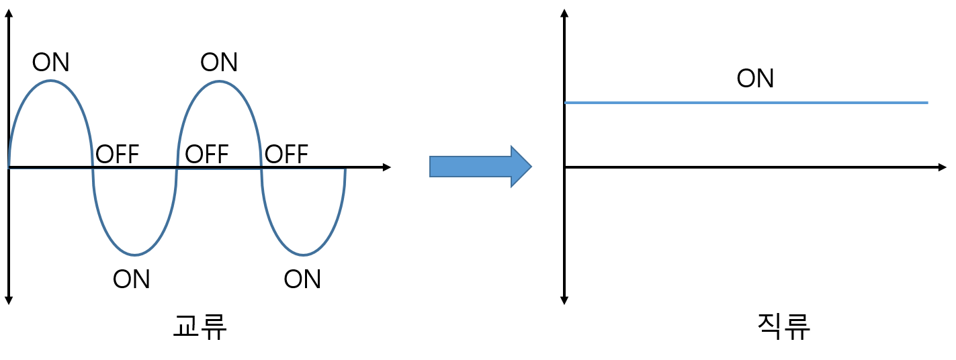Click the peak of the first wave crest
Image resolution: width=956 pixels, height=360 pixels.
[51, 81]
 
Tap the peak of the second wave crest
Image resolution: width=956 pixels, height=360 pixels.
[220, 81]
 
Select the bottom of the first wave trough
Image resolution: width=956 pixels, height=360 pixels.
[135, 255]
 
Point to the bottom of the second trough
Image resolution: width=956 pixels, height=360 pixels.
[304, 255]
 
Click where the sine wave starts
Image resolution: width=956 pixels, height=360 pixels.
[9, 167]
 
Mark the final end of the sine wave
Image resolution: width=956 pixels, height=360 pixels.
[345, 170]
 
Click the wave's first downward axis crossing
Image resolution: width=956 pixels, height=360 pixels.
[93, 169]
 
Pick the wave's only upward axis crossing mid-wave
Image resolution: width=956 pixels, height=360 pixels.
[177, 169]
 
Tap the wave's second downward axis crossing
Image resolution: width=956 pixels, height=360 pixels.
[261, 169]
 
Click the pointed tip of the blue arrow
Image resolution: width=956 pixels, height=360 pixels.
[532, 166]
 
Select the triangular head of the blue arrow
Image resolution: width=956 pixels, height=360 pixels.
[521, 166]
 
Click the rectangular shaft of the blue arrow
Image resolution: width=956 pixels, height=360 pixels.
[470, 166]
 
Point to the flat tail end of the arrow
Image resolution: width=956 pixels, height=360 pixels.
[431, 166]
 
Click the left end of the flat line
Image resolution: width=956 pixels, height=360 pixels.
[565, 103]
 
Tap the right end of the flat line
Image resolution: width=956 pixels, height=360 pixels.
[928, 103]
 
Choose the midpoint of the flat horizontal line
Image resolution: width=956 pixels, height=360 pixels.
[746, 103]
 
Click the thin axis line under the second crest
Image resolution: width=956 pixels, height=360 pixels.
[220, 169]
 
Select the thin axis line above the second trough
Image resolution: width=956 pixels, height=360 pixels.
[304, 169]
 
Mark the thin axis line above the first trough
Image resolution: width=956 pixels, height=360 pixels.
[135, 169]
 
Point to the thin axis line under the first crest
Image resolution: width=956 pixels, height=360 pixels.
[51, 169]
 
